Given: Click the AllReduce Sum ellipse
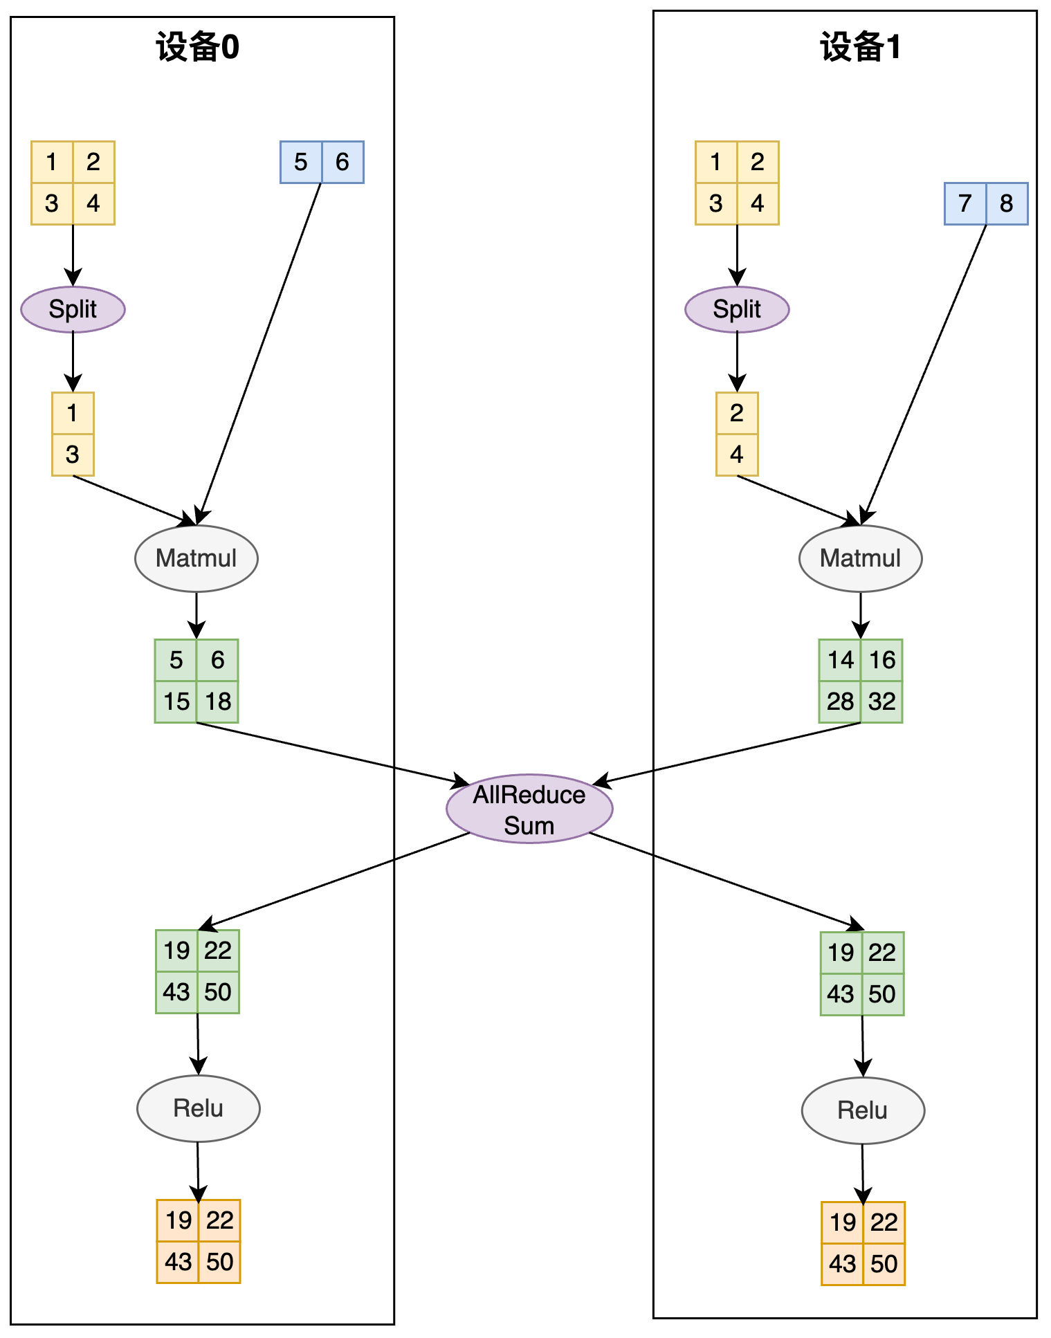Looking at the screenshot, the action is pos(529,809).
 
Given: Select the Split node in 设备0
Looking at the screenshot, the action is pos(73,309).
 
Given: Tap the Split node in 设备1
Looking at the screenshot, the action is pos(737,309).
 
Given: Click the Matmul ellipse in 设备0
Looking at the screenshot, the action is pos(197,558).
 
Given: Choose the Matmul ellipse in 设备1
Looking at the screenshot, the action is pos(861,558).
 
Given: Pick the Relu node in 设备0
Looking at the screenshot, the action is pos(199,1108).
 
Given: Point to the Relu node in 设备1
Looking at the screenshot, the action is pos(863,1110).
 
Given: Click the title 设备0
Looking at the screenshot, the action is pos(198,48).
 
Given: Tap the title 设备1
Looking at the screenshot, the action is pos(861,48).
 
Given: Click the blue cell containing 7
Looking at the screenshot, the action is pos(965,203).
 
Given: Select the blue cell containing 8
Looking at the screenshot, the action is pos(1007,203).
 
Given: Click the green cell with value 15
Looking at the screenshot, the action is pos(176,702).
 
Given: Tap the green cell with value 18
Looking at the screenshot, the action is pos(217,702).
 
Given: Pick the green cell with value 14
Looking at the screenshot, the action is pos(840,660).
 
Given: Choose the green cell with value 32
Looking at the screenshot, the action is pos(881,702).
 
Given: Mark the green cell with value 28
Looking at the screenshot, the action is pos(840,702).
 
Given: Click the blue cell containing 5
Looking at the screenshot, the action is pos(301,162).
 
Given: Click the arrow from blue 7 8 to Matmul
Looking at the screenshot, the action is pos(924,374).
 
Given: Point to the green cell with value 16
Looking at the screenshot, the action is pos(881,660).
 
